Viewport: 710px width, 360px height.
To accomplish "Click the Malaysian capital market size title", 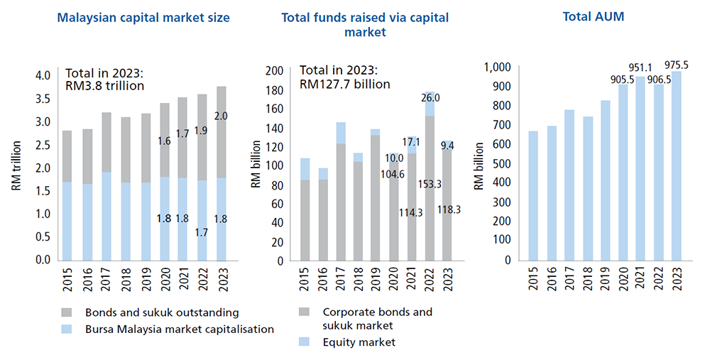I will click(x=143, y=18).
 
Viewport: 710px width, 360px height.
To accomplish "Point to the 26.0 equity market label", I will click(x=430, y=98).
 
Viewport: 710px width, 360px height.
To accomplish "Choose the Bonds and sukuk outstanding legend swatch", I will click(x=67, y=312).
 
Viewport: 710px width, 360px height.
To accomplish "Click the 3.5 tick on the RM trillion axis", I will click(x=43, y=99).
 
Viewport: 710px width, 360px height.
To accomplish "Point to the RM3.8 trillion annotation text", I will click(x=105, y=86).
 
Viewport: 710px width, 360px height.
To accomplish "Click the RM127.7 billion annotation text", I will click(x=345, y=84).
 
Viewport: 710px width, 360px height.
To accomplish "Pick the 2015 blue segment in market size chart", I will click(x=67, y=221).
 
